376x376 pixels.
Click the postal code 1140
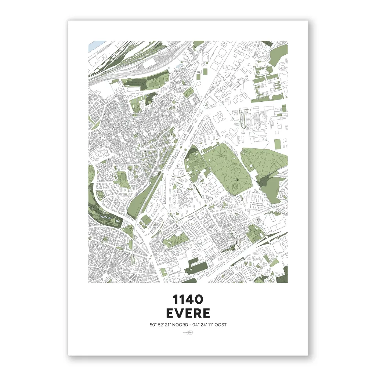click(x=188, y=300)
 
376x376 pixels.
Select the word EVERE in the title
click(x=188, y=313)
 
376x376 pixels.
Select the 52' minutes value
click(x=160, y=325)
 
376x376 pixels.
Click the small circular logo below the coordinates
click(x=188, y=333)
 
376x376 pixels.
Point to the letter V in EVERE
click(x=179, y=313)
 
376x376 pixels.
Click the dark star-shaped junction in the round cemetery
click(x=237, y=180)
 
